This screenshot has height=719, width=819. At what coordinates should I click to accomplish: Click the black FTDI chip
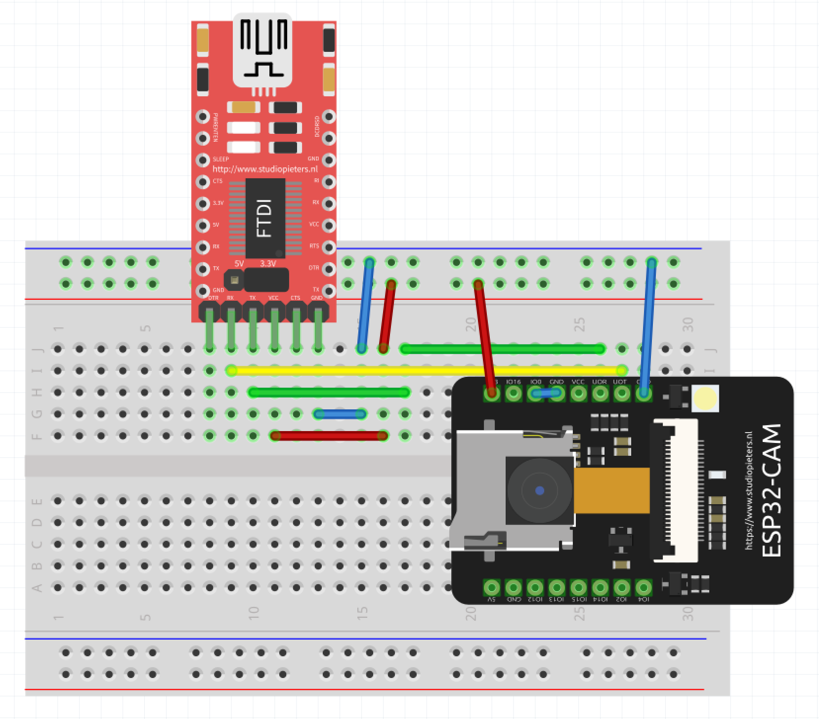265,218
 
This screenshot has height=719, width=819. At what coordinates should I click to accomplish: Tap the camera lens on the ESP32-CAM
539,490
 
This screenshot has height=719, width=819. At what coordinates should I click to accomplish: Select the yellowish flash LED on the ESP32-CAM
705,399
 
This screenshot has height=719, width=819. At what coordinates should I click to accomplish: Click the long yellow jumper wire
425,370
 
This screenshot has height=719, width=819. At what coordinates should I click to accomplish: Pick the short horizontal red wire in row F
329,436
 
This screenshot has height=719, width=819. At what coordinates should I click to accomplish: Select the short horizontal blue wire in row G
340,414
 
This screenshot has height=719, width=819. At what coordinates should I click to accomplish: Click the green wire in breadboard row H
329,393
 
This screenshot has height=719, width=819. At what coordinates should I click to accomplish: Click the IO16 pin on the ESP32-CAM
514,394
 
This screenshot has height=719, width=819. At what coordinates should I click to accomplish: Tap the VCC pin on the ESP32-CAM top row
578,394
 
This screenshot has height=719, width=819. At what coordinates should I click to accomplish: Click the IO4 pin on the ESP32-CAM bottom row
643,588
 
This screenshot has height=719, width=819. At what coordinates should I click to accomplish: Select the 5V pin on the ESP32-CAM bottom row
491,588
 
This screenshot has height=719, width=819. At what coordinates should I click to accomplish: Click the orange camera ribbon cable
612,490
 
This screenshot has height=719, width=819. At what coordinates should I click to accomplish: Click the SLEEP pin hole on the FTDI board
203,160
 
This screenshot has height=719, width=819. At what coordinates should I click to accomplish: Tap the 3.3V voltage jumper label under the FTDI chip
267,264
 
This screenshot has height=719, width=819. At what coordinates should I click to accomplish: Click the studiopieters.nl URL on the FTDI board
265,169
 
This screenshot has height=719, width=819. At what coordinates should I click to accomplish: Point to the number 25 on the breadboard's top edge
579,324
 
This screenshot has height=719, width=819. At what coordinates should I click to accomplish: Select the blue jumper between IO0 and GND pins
546,393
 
